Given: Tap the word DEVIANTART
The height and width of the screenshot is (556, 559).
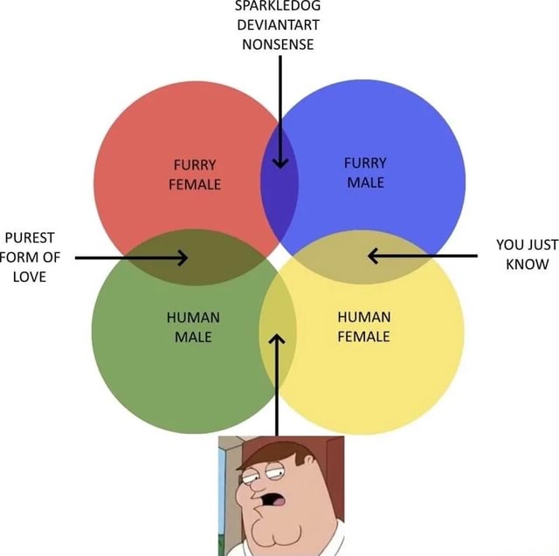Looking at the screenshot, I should coord(279,24).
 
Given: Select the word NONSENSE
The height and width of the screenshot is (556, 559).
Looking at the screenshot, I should coord(279,44).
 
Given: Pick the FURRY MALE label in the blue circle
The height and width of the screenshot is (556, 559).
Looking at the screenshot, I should coord(365,173).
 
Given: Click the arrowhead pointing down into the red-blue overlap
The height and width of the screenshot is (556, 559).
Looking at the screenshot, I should coord(279,161).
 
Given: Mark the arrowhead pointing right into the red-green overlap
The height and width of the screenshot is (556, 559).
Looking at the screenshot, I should coord(180,257).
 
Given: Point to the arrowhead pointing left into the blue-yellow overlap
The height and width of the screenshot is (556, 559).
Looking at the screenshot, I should coord(374,256).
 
